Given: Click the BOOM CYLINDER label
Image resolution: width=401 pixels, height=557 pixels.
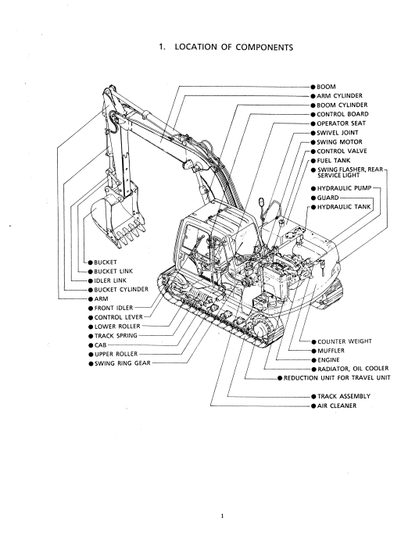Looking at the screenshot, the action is click(342, 105).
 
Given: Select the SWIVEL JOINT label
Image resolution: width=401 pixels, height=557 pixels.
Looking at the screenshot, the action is click(338, 133).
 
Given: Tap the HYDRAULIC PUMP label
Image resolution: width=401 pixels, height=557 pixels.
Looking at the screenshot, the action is click(344, 188).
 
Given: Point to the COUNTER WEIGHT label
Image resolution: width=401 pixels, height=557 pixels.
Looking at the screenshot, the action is click(345, 341).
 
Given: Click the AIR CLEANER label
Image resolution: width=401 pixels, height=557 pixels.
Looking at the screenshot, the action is click(337, 405).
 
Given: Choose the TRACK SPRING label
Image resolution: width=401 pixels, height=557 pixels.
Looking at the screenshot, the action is click(116, 336).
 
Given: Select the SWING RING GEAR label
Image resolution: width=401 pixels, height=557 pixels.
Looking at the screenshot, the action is click(123, 363).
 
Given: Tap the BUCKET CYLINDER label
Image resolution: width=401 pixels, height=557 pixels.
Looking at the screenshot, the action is click(121, 290).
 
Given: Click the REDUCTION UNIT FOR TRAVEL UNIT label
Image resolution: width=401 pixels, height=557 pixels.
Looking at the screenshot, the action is click(337, 378).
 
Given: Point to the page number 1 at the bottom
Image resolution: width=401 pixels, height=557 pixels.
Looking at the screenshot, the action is click(223, 516).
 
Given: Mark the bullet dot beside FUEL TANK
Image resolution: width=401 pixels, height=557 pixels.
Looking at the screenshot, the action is click(313, 161).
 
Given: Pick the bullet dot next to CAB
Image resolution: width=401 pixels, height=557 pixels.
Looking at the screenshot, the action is click(91, 345).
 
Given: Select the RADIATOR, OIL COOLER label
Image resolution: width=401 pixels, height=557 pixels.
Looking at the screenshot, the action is click(353, 369).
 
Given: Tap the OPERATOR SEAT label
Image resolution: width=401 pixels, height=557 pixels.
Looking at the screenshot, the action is click(342, 123).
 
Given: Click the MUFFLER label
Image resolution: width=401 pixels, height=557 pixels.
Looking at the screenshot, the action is click(331, 351).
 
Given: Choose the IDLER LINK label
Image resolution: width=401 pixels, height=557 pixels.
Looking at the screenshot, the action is click(110, 280).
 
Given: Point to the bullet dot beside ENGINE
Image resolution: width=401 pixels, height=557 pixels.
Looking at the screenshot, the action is click(314, 360).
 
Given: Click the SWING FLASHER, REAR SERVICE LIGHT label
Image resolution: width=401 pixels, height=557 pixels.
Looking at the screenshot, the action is click(350, 173).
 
